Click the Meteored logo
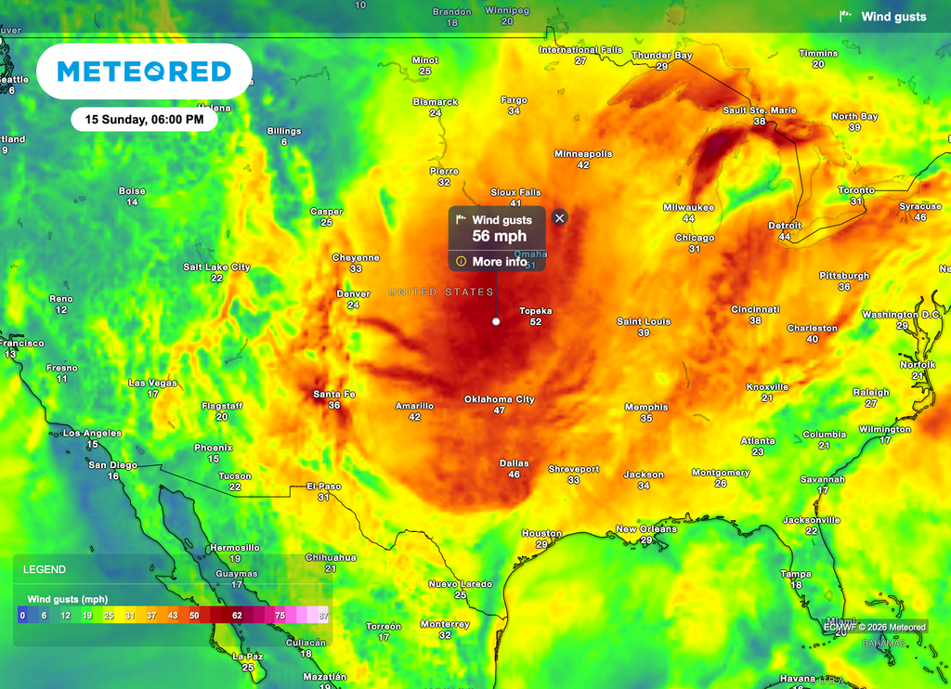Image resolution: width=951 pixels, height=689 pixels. [x=144, y=71]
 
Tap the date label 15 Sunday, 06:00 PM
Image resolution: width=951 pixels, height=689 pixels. [x=144, y=119]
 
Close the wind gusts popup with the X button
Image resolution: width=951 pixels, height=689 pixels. [x=559, y=217]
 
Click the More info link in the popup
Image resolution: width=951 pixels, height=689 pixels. [x=499, y=262]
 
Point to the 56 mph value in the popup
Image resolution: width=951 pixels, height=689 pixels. [x=499, y=237]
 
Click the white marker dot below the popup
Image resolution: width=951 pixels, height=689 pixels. [x=496, y=321]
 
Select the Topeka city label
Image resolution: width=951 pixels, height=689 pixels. [x=536, y=311]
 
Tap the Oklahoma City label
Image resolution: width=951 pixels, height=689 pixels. [x=500, y=399]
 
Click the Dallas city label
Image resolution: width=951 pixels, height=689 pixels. [x=514, y=463]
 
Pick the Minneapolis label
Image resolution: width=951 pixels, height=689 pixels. [x=583, y=153]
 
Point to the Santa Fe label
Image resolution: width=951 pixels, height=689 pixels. [x=333, y=395]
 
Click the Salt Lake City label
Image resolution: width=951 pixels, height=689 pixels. [x=216, y=267]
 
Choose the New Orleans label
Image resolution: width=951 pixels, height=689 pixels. [x=646, y=529]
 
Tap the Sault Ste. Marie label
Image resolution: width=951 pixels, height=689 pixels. [x=760, y=110]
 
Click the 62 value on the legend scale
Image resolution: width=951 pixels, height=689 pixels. [x=237, y=615]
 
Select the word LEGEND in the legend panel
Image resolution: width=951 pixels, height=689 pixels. [x=45, y=569]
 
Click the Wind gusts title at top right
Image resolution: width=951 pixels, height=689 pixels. [x=893, y=17]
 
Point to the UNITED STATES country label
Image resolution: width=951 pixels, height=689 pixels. [x=441, y=292]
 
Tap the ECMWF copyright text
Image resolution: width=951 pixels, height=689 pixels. [x=875, y=627]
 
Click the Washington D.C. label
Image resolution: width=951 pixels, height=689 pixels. [x=902, y=315]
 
